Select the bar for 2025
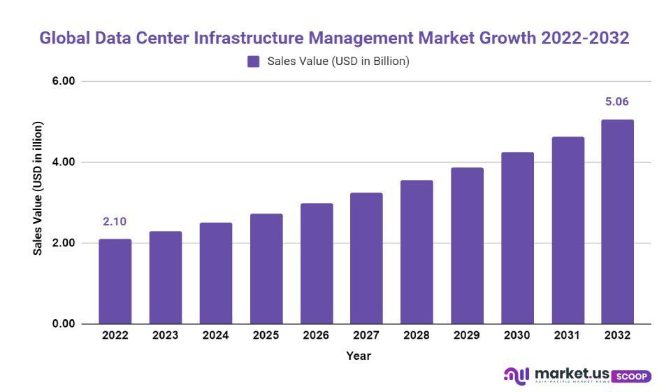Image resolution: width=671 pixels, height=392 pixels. [x=266, y=269]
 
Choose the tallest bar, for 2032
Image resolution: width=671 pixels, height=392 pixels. [x=617, y=222]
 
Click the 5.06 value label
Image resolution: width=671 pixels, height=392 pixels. [x=617, y=102]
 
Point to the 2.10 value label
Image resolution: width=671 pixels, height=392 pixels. [x=115, y=222]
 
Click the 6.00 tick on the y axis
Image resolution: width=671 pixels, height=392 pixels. [x=64, y=81]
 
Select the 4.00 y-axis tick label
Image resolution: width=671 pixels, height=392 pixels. [x=64, y=162]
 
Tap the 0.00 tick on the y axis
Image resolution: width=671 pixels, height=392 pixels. [x=64, y=324]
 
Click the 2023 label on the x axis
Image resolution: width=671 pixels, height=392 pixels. [x=165, y=335]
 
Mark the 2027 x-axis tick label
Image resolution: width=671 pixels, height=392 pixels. [x=366, y=335]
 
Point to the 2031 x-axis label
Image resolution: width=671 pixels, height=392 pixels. [x=568, y=335]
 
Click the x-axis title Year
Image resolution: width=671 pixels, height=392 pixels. [x=359, y=356]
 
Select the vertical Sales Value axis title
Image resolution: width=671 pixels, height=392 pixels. [x=38, y=188]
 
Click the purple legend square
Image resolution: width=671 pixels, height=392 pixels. [x=254, y=62]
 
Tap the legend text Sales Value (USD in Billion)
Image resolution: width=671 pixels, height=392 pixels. [x=338, y=62]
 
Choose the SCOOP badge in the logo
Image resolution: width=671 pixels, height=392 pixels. [x=631, y=377]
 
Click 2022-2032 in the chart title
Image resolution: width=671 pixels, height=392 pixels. [x=586, y=38]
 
